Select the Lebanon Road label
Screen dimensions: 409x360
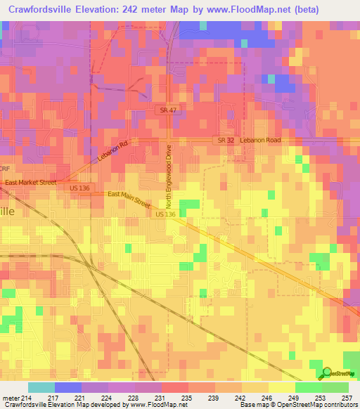[260, 141]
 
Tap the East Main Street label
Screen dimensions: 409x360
[129, 198]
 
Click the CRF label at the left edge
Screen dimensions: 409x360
[5, 169]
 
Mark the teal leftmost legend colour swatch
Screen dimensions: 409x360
[41, 387]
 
